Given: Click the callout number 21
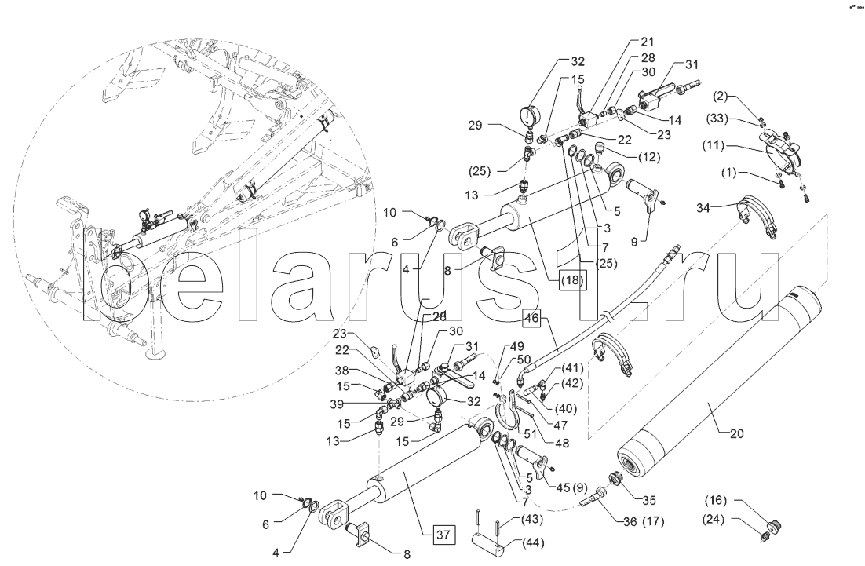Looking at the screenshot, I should [x=648, y=42].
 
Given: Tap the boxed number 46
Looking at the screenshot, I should [x=532, y=318].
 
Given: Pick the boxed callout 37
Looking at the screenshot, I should [x=443, y=535].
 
